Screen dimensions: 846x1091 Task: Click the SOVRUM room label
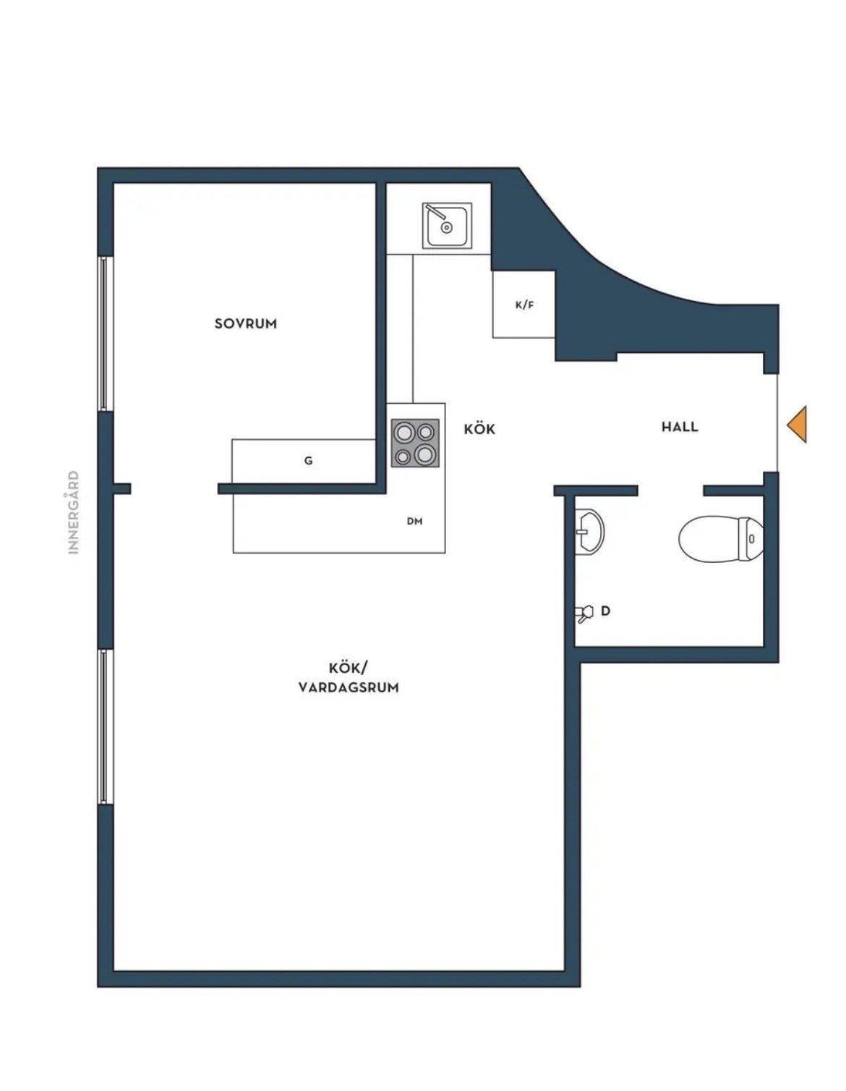coord(245,323)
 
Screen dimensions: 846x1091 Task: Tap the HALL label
coord(680,427)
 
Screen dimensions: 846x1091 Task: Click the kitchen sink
coord(447,226)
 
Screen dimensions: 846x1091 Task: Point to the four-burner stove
coord(415,443)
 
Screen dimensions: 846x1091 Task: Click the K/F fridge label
coord(524,305)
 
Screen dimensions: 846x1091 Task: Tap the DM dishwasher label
coord(414,521)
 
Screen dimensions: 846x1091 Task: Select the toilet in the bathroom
coord(721,540)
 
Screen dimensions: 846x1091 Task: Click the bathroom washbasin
coord(589,531)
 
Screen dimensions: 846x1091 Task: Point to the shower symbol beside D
coord(584,613)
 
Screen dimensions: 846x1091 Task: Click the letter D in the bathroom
coord(606,611)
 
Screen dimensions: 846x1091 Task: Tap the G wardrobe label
coord(308,460)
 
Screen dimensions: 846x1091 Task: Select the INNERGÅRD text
coord(74,512)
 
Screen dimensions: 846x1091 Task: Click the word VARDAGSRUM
coord(349,687)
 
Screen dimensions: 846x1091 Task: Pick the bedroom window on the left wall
coord(103,334)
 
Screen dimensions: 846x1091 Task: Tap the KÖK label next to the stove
coord(479,429)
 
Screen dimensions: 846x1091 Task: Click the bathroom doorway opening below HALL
coord(670,491)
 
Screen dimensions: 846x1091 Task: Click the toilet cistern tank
coord(751,538)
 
